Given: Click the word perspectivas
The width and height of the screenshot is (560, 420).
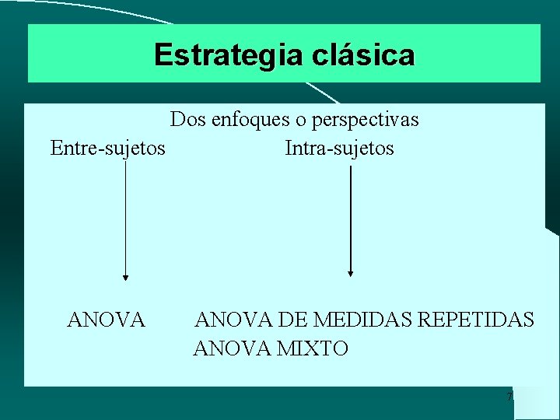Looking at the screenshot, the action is (363, 121).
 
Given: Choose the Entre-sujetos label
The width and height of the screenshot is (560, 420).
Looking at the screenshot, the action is (107, 148).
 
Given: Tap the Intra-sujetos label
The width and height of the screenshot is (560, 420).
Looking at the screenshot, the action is (339, 148).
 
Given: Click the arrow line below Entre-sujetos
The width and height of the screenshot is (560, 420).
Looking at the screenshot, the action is (126, 218).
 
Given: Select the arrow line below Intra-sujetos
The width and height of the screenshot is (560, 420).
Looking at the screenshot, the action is (351, 218).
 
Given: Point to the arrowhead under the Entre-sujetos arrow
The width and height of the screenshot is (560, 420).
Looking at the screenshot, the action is (126, 276).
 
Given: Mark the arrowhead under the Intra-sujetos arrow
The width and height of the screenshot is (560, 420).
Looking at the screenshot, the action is (351, 273).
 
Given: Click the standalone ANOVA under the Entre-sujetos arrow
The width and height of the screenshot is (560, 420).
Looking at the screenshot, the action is (107, 320).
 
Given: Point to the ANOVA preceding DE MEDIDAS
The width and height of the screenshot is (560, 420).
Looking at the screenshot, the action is (232, 320).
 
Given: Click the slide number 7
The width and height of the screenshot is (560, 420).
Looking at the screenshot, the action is (509, 398).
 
